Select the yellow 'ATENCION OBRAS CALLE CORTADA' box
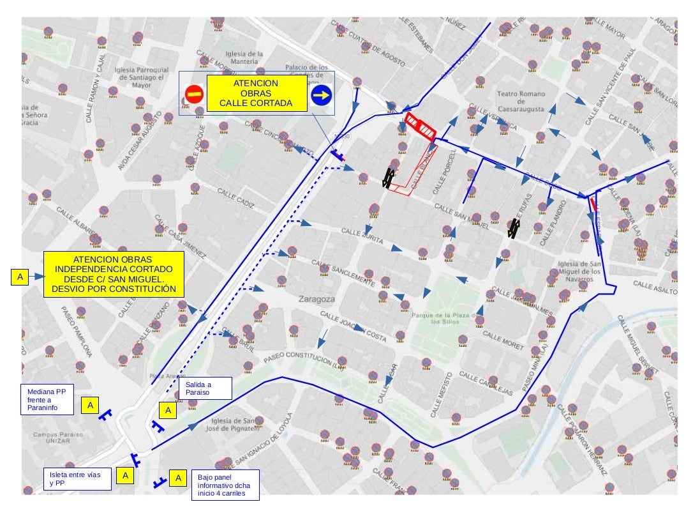[x=255, y=93]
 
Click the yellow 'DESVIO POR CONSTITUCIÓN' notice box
[x=114, y=274]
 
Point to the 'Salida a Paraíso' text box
[x=205, y=388]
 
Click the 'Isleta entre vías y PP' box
[x=75, y=479]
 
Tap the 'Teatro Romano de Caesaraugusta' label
[x=521, y=102]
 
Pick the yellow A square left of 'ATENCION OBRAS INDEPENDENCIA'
[x=20, y=277]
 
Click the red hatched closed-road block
[x=421, y=125]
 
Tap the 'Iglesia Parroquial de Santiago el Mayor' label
[x=142, y=77]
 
